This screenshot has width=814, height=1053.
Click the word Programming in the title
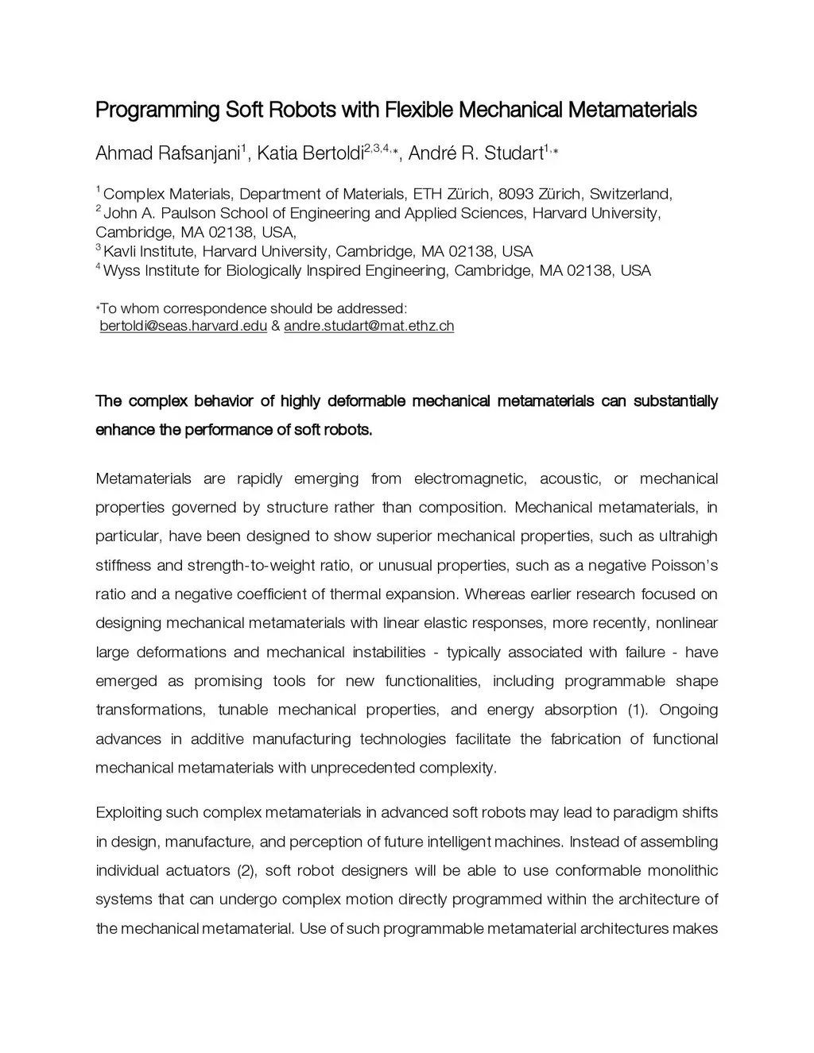157,110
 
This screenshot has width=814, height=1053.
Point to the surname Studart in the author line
512,153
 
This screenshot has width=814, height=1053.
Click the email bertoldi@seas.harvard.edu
183,326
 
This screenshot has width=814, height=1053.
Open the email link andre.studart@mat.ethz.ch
369,326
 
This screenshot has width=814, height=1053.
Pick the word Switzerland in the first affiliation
630,194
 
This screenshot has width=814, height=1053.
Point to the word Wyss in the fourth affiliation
121,270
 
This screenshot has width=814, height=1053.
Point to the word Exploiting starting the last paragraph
127,812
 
